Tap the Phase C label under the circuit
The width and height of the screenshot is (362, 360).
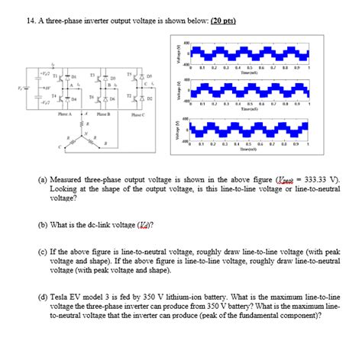137,115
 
